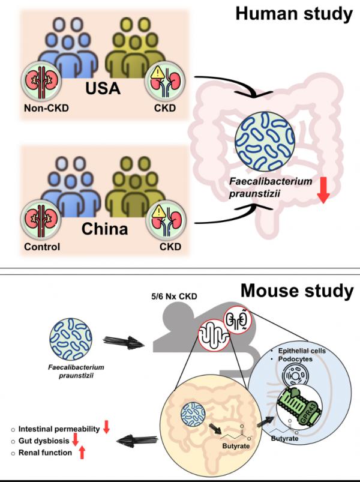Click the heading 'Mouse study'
(297, 292)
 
